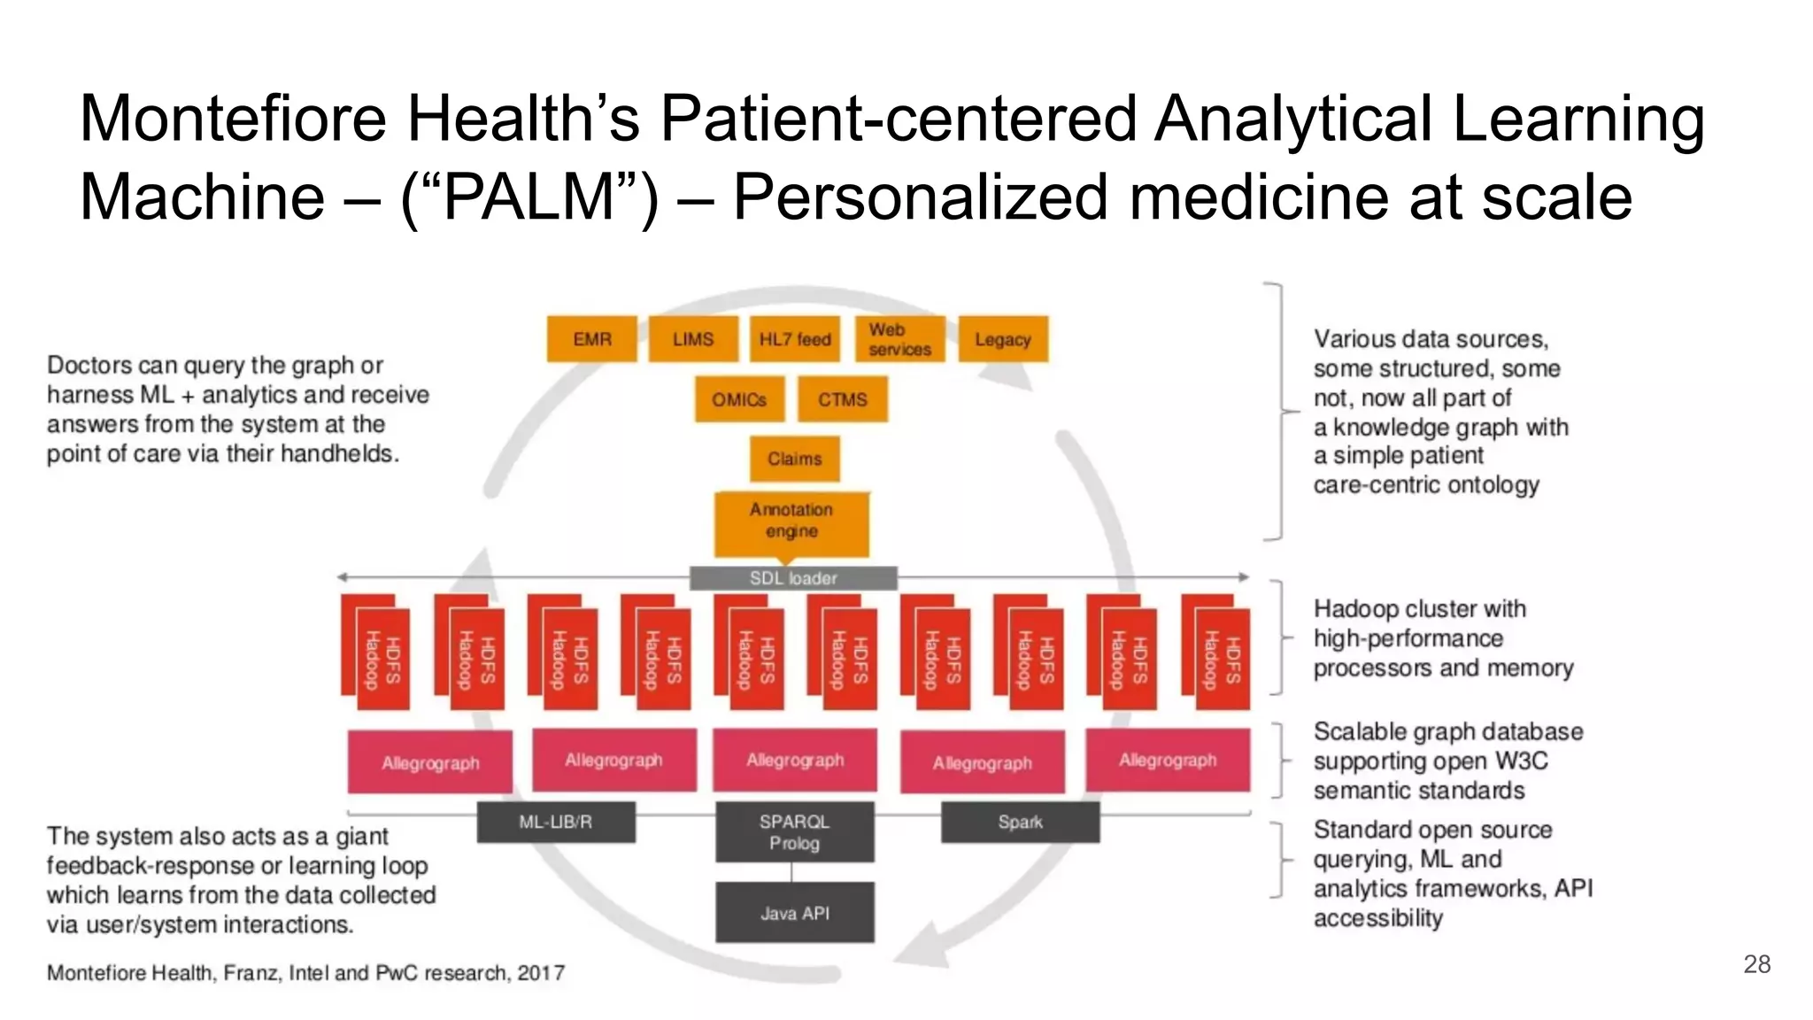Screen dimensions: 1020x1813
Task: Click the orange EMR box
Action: click(591, 339)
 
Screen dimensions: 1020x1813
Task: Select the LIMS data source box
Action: click(692, 339)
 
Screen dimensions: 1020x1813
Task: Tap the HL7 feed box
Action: click(794, 339)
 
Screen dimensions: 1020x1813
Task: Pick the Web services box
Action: click(899, 339)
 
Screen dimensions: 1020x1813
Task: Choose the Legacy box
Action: click(1003, 339)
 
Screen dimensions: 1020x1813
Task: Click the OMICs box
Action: click(739, 399)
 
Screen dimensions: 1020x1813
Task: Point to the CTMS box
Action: click(842, 399)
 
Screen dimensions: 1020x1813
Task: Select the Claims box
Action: click(794, 459)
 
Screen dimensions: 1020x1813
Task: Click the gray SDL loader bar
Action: click(793, 578)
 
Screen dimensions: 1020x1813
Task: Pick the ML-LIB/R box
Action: click(556, 823)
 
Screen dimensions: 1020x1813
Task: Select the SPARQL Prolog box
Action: click(794, 832)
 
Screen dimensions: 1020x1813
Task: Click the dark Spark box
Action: click(1020, 823)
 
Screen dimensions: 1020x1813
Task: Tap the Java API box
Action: click(794, 913)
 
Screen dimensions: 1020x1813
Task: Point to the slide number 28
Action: click(1756, 964)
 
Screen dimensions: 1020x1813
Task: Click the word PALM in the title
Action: click(529, 197)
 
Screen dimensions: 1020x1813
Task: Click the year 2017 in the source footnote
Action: click(541, 973)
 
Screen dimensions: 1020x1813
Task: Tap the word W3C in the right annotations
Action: click(1521, 761)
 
